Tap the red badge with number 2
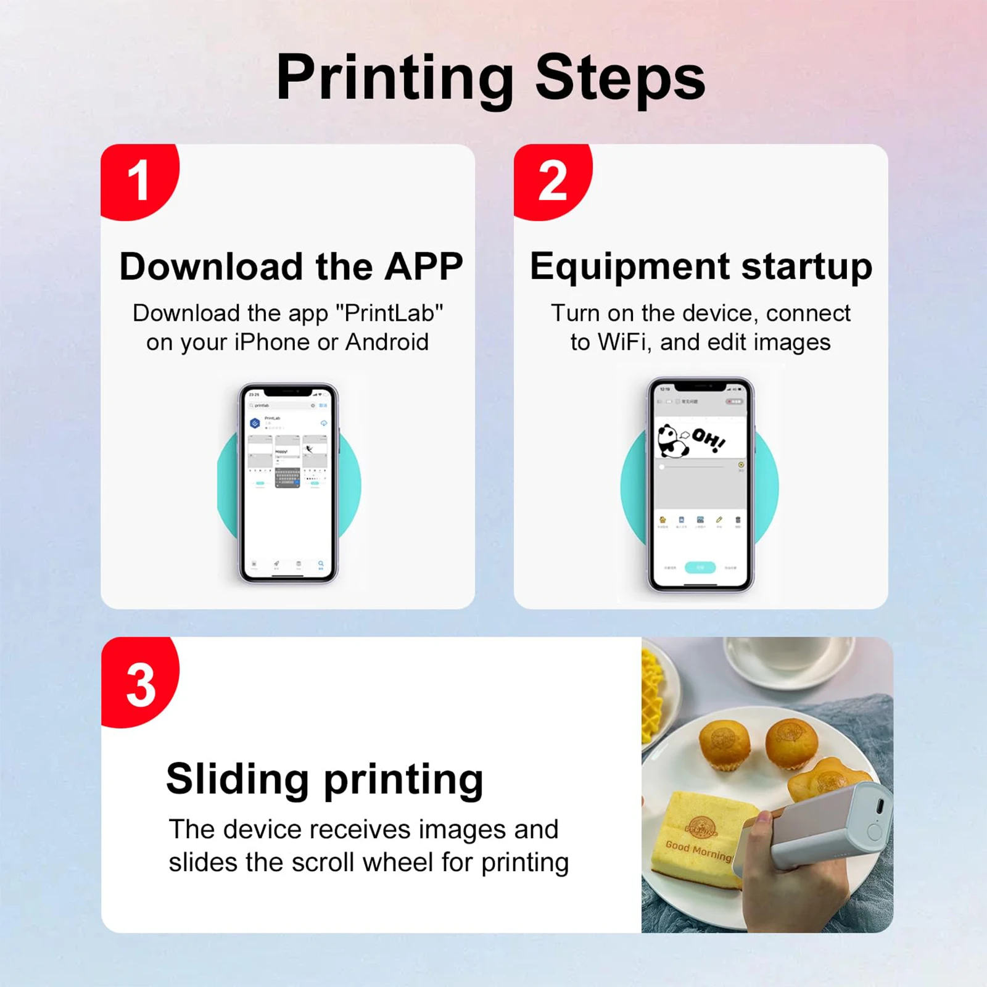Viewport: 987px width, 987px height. pos(551,181)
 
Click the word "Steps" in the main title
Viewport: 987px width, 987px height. pos(619,78)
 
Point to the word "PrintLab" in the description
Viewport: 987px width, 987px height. pos(389,313)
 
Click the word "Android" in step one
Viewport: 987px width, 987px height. pos(387,342)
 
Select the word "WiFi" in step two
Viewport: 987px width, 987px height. pos(624,342)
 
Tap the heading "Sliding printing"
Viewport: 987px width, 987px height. pos(324,779)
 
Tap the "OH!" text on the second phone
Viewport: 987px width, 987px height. pos(708,439)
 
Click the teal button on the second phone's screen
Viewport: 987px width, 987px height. pos(700,567)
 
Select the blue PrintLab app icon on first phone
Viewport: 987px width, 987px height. pos(255,423)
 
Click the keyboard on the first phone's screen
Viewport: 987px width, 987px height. pos(287,477)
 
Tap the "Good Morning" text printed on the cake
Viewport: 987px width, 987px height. pos(698,851)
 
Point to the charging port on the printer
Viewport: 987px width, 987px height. pos(880,805)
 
